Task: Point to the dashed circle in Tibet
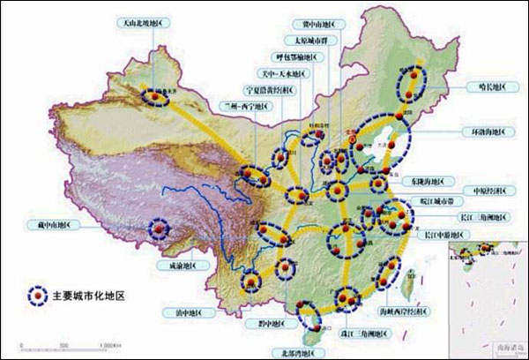[x=159, y=229]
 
